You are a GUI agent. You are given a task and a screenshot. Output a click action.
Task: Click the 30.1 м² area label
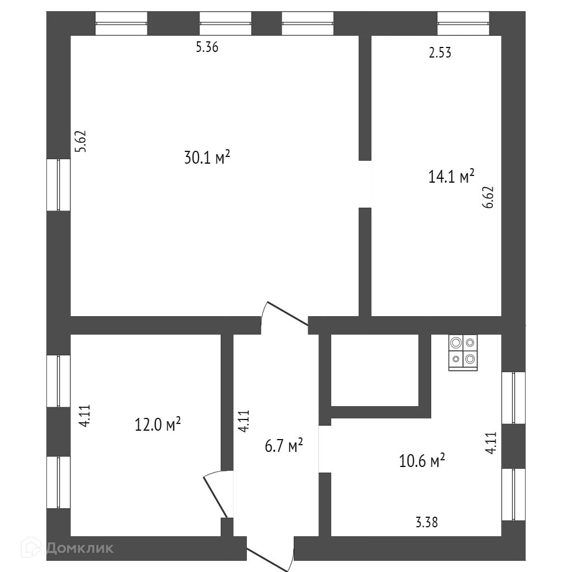[x=207, y=158]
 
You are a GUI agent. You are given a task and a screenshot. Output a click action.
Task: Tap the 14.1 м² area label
[x=451, y=177]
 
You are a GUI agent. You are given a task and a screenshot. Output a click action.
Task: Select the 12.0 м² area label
[x=158, y=425]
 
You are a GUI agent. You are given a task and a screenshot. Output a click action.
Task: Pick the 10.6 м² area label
[x=422, y=461]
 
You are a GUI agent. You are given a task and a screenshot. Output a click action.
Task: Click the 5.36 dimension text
[x=206, y=47]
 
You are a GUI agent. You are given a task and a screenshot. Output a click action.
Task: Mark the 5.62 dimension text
[x=82, y=141]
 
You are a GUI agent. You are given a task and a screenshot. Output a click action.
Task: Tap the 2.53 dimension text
[x=439, y=53]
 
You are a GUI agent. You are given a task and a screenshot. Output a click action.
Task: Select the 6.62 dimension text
[x=490, y=197]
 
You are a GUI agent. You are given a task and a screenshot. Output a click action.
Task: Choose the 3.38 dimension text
[x=426, y=523]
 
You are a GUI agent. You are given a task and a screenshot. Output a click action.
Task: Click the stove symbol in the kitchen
[x=463, y=352]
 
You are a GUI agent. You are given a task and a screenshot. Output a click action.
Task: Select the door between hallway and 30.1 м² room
[x=285, y=316]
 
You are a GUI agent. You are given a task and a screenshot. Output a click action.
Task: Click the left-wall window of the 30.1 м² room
[x=58, y=185]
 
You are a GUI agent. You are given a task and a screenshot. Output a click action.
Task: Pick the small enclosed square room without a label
[x=375, y=369]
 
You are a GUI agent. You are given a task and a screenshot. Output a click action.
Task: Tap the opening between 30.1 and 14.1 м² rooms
[x=365, y=184]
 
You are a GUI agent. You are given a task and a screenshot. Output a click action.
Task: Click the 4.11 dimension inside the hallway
[x=244, y=421]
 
